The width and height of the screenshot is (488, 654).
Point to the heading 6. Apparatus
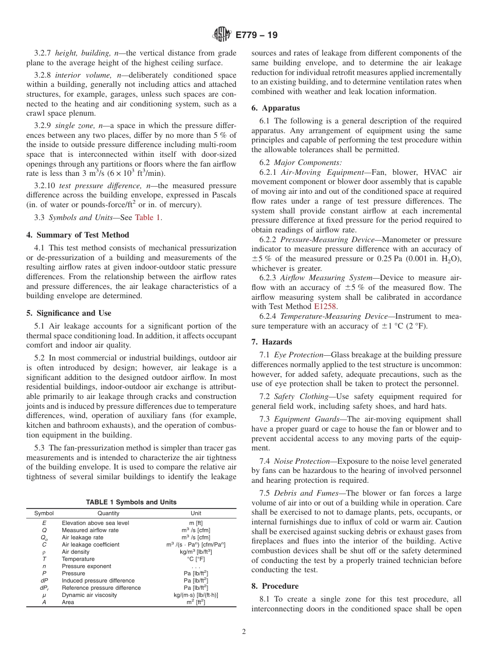point(275,108)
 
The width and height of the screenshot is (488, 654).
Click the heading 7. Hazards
point(272,342)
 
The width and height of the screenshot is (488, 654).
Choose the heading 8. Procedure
point(275,586)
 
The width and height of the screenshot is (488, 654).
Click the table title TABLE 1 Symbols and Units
point(131,502)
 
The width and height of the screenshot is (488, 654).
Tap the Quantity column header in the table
point(108,513)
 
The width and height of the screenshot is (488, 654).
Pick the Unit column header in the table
point(196,513)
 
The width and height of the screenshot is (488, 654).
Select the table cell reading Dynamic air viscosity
point(89,595)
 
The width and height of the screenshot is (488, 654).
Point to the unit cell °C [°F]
point(196,559)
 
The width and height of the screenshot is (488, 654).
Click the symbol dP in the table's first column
point(44,580)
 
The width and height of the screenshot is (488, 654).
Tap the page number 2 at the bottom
point(244,632)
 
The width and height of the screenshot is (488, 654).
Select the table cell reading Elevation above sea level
point(96,523)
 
